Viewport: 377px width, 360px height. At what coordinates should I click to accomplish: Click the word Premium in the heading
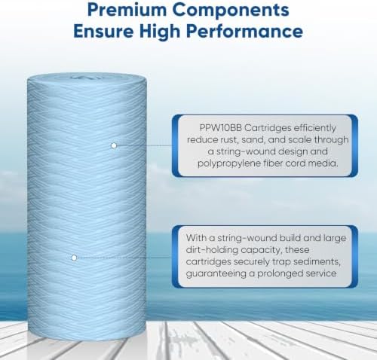click(126, 10)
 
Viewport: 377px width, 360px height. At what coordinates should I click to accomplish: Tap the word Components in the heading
click(231, 11)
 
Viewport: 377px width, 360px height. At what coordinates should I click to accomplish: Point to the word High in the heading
click(161, 32)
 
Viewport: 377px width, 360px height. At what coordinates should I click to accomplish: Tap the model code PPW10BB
click(220, 128)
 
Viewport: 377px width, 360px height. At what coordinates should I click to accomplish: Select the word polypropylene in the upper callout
click(229, 163)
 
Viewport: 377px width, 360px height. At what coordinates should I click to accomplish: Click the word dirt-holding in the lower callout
click(212, 250)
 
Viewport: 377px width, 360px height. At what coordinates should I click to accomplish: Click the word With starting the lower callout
click(196, 238)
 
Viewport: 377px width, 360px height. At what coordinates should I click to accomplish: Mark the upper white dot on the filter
click(114, 145)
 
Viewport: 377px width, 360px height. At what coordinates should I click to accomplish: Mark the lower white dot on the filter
click(74, 258)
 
